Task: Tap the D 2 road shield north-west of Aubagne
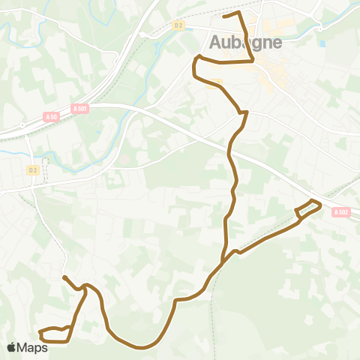pyautogui.click(x=178, y=25)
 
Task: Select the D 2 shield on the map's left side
pyautogui.click(x=32, y=169)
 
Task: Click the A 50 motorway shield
pyautogui.click(x=51, y=116)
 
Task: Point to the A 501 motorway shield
pyautogui.click(x=80, y=109)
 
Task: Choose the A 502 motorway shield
pyautogui.click(x=340, y=212)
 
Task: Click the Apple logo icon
pyautogui.click(x=12, y=347)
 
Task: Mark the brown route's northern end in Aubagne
pyautogui.click(x=224, y=16)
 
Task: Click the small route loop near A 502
pyautogui.click(x=308, y=208)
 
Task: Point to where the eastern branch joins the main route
pyautogui.click(x=223, y=260)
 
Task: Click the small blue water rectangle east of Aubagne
pyautogui.click(x=322, y=43)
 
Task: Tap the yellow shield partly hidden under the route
pyautogui.click(x=217, y=82)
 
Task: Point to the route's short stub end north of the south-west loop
pyautogui.click(x=64, y=277)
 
